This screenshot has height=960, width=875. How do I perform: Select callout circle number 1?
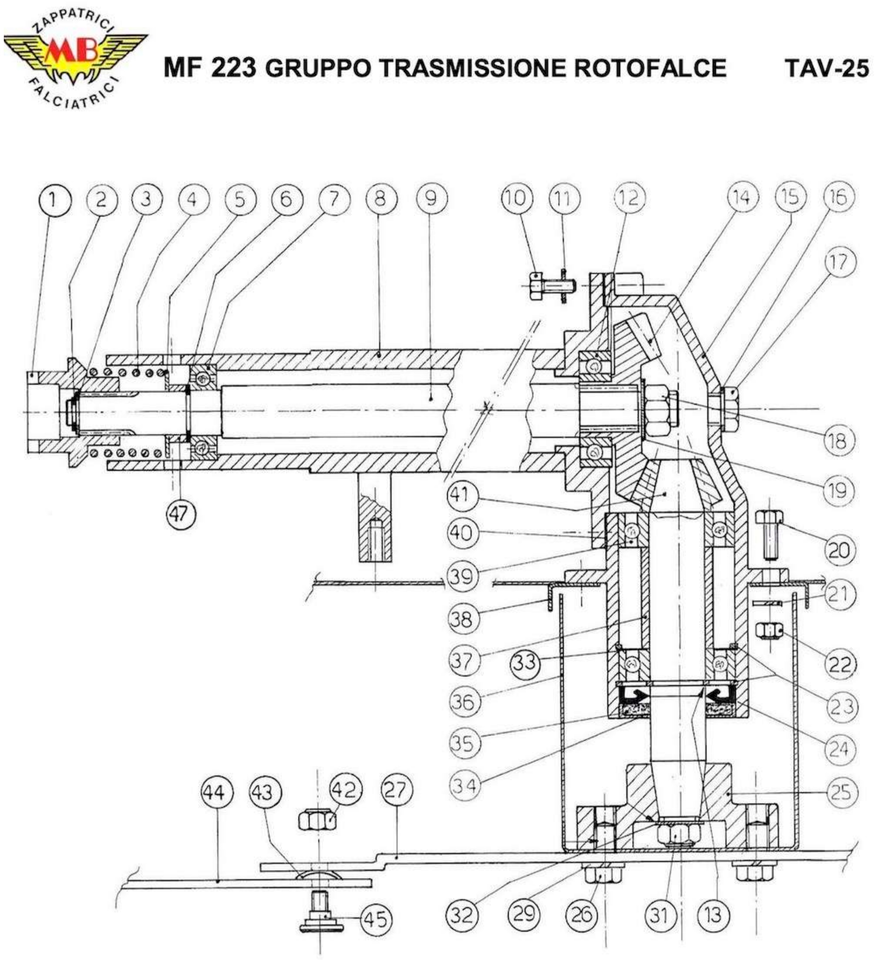click(x=54, y=199)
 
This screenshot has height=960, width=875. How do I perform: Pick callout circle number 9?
click(x=431, y=199)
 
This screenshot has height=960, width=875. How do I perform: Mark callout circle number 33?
click(x=526, y=662)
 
